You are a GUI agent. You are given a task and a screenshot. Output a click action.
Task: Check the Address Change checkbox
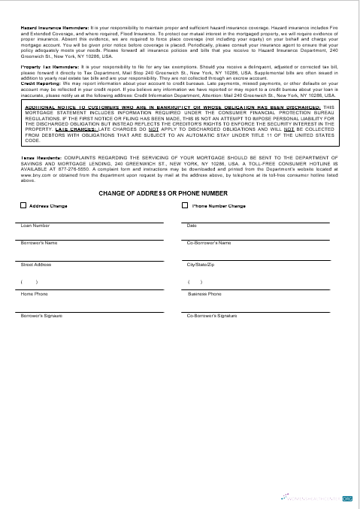point(23,205)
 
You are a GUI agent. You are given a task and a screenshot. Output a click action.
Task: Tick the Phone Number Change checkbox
point(187,205)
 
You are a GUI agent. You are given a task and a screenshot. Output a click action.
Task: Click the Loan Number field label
point(35,225)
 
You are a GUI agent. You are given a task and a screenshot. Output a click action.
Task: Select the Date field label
point(192,225)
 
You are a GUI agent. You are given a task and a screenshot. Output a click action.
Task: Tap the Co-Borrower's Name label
point(208,243)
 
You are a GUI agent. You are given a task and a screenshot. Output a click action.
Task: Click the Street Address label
point(36,265)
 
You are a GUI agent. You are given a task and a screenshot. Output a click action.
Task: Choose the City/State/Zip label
point(201,265)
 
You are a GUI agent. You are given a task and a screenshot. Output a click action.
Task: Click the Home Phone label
point(34,294)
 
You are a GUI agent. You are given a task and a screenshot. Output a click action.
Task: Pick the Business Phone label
point(204,294)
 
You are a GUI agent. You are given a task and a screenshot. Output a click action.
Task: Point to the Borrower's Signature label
point(41,316)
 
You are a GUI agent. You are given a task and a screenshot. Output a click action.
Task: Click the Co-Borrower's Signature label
point(211,316)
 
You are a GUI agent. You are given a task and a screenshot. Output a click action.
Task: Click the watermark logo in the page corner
point(316,498)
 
